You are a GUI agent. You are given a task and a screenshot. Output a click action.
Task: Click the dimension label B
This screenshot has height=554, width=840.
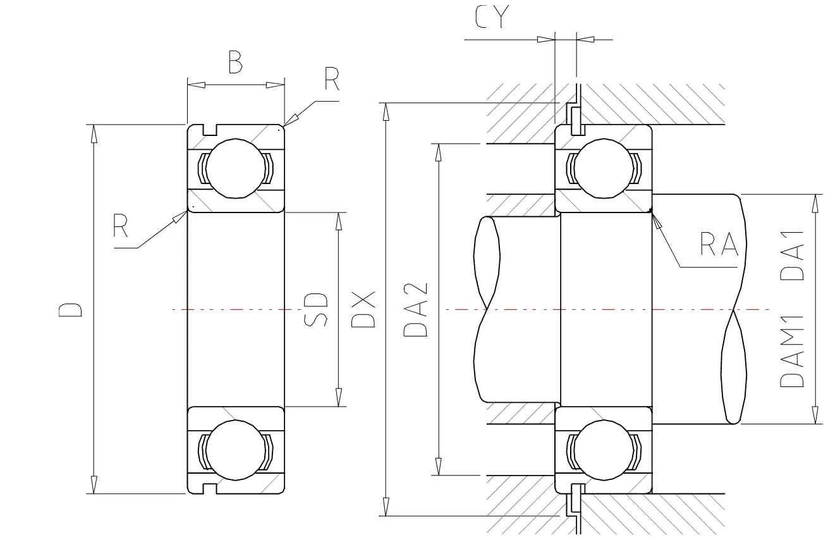(x=235, y=63)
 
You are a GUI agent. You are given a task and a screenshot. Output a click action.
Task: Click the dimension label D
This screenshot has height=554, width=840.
(x=71, y=309)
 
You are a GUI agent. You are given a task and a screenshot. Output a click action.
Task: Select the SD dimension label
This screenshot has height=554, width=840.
(x=316, y=309)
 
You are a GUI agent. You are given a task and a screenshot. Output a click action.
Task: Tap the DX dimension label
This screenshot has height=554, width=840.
(x=364, y=309)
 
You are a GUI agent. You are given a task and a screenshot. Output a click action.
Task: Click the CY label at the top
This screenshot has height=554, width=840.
(x=492, y=19)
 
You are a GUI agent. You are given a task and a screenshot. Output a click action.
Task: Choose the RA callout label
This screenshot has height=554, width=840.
(x=719, y=244)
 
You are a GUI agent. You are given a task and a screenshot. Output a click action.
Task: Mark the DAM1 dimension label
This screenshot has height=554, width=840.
(x=791, y=352)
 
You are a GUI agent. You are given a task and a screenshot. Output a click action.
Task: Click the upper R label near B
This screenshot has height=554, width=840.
(x=332, y=80)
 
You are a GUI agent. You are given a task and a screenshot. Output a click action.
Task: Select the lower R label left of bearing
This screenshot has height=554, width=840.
(x=121, y=225)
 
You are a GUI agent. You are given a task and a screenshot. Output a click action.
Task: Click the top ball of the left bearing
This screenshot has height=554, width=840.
(x=235, y=168)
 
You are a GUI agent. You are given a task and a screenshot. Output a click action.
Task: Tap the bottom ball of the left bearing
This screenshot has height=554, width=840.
(x=235, y=451)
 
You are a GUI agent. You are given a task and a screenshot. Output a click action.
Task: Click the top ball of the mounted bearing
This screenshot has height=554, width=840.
(x=604, y=168)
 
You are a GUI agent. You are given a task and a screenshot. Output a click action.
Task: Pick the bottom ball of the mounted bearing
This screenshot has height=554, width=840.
(x=604, y=451)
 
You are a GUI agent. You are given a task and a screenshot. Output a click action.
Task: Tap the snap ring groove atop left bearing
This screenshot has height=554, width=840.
(x=210, y=130)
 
